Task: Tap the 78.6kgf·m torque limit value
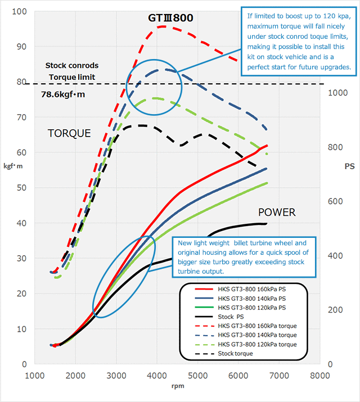[63, 94]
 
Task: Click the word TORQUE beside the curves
[69, 133]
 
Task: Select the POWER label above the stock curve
[277, 213]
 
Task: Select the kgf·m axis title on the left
[13, 166]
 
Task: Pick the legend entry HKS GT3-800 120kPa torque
[256, 344]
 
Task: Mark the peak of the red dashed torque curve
[162, 26]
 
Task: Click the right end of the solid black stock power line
[266, 223]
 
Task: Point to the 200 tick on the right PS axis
[337, 310]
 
